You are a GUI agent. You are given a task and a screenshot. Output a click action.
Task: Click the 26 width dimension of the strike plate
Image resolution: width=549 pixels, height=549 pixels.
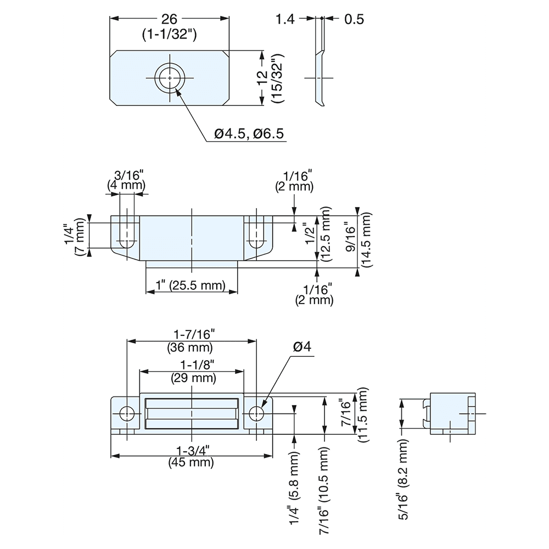170,18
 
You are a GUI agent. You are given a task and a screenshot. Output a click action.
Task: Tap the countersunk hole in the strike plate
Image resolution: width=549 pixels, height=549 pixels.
170,77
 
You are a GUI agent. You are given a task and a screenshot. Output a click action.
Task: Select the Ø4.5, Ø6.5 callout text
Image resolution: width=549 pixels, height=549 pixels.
249,134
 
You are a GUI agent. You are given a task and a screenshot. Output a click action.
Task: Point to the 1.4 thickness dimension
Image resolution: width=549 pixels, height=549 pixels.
285,19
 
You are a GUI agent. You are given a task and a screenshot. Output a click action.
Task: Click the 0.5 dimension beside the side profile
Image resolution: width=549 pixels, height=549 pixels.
354,19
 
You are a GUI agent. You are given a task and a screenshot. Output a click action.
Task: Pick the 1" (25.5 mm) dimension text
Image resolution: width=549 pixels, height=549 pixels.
191,285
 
